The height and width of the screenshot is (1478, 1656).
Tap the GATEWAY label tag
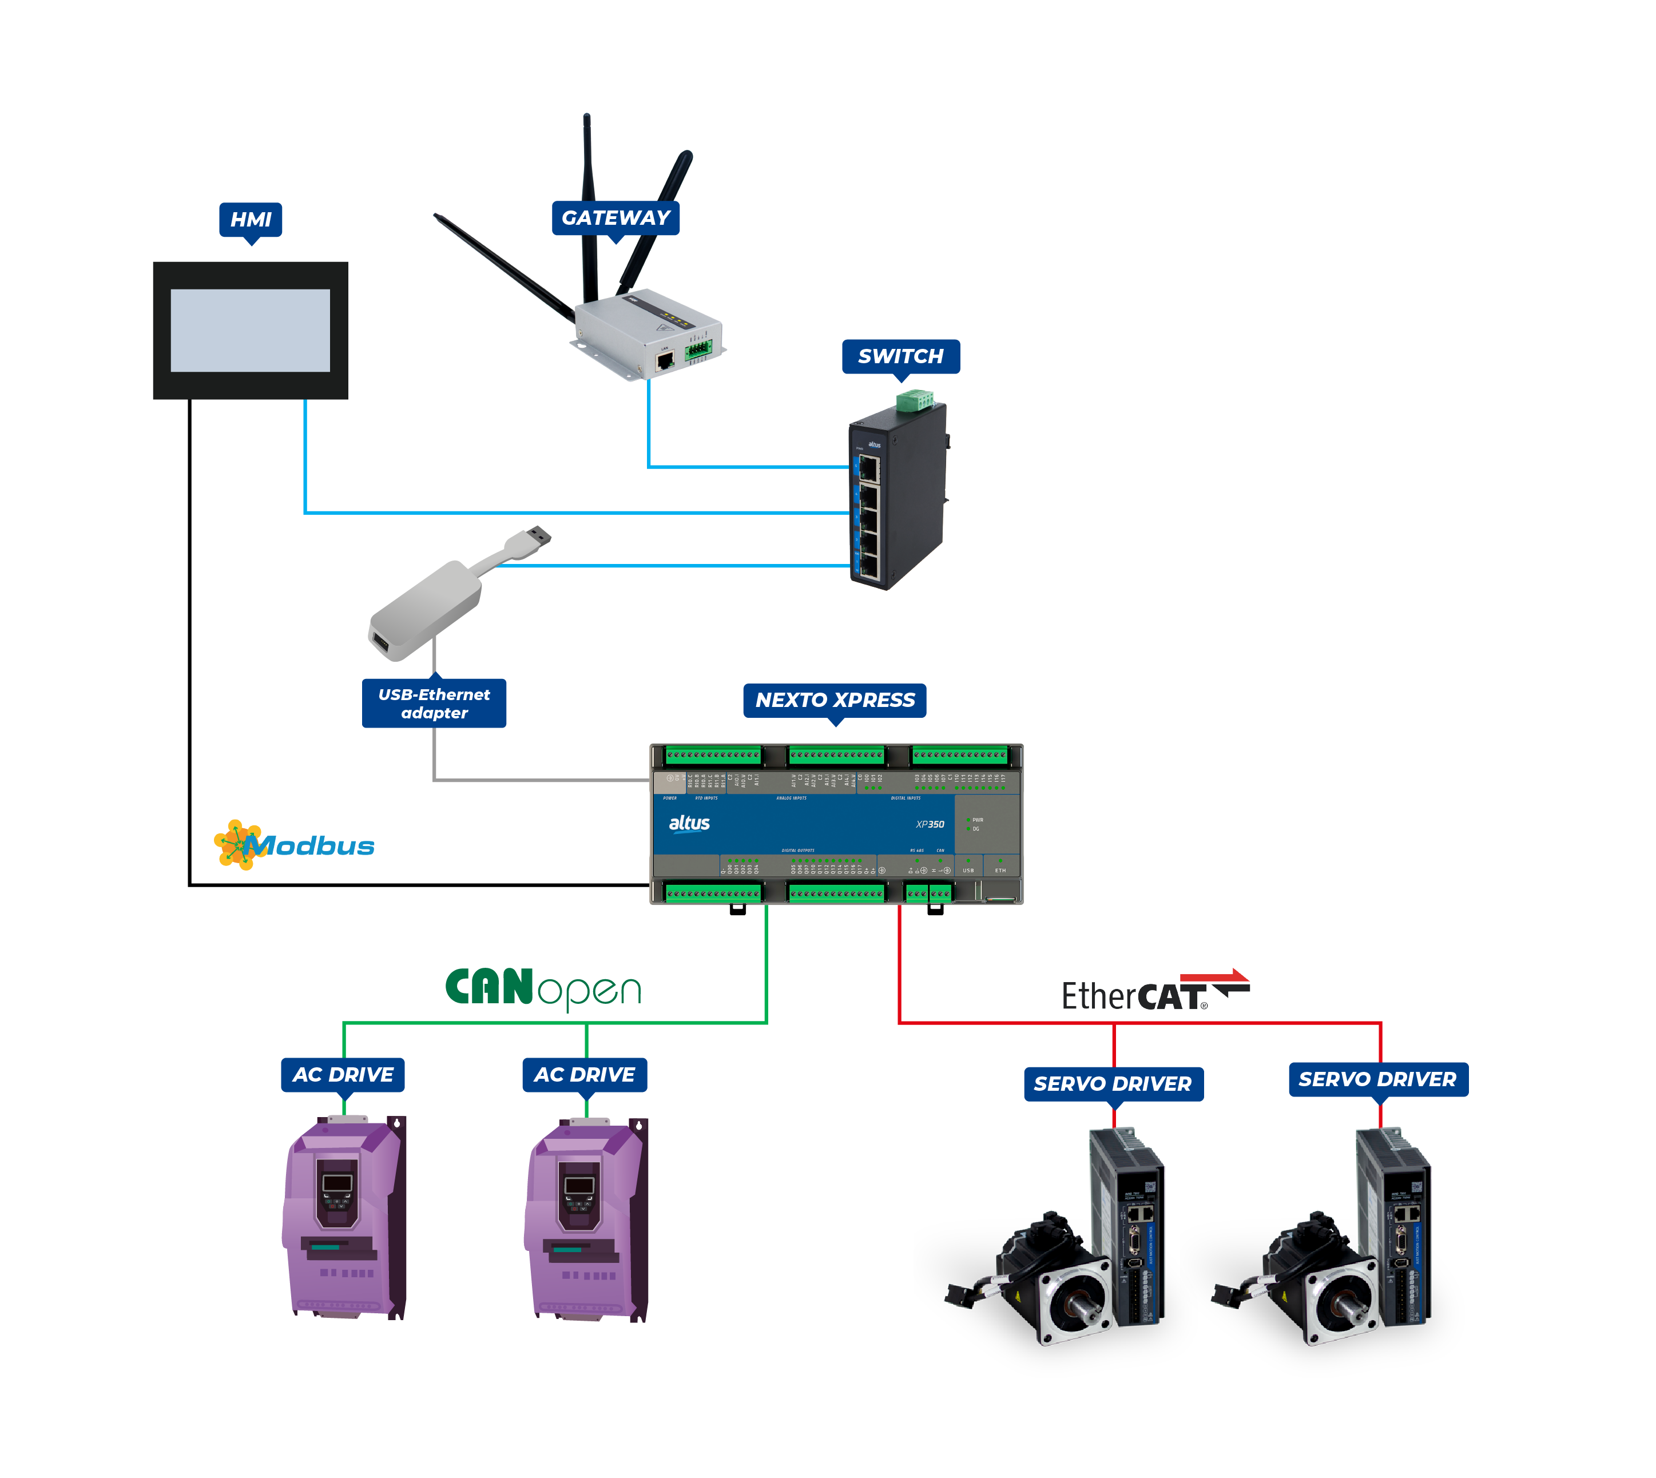pyautogui.click(x=615, y=218)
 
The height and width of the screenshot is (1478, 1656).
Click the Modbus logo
pyautogui.click(x=294, y=845)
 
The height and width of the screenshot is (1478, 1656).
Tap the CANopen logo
pyautogui.click(x=542, y=988)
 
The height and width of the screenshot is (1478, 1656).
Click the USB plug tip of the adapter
pyautogui.click(x=538, y=536)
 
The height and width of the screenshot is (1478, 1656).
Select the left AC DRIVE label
pyautogui.click(x=343, y=1074)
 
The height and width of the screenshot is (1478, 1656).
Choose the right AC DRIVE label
pyautogui.click(x=584, y=1074)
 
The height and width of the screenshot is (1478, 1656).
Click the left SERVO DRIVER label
pyautogui.click(x=1112, y=1083)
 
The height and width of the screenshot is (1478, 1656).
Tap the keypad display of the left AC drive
pyautogui.click(x=337, y=1184)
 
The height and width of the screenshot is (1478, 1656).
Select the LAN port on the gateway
pyautogui.click(x=664, y=360)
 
